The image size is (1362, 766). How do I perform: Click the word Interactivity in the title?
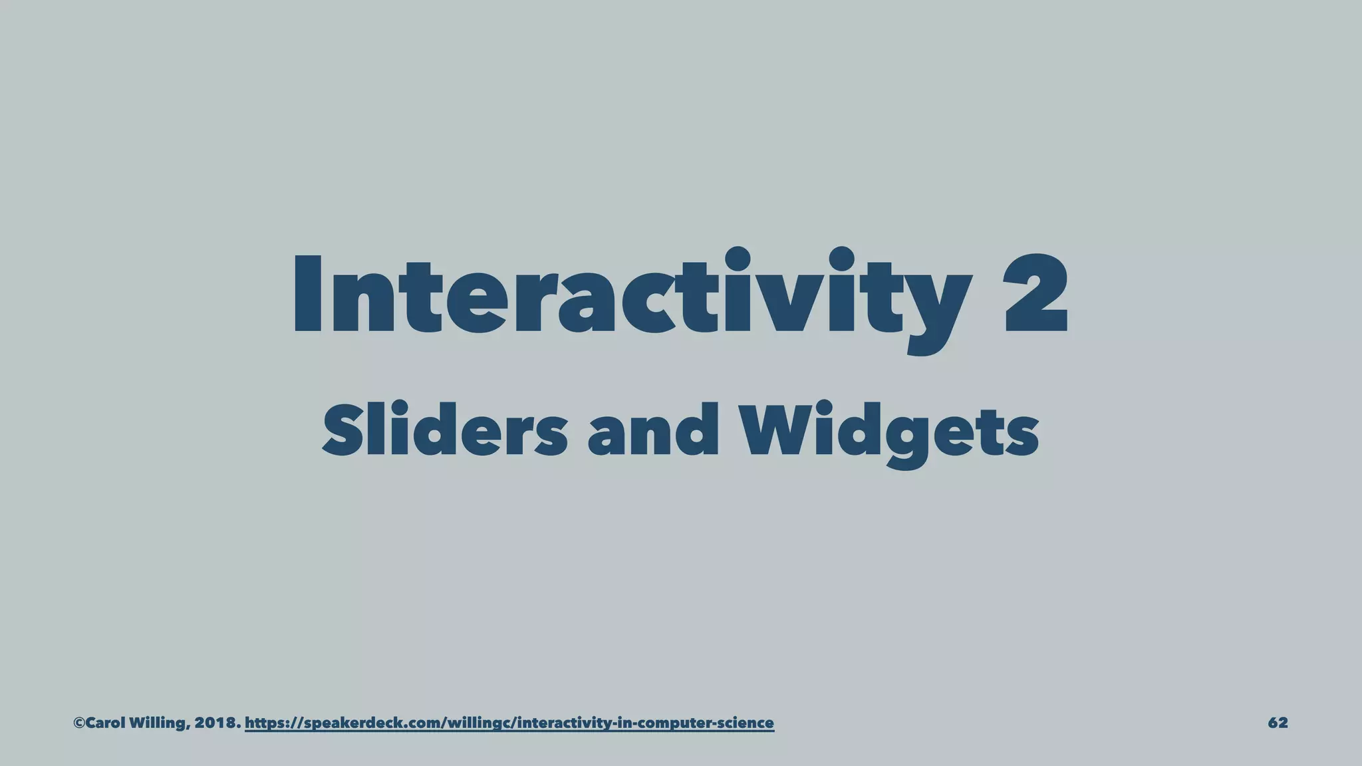pyautogui.click(x=632, y=296)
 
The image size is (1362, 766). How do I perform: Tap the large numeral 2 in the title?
pyautogui.click(x=1035, y=294)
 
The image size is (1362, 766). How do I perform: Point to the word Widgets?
pyautogui.click(x=890, y=432)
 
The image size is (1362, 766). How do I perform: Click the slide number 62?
pyautogui.click(x=1278, y=723)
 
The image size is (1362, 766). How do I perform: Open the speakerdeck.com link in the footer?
pyautogui.click(x=509, y=723)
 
